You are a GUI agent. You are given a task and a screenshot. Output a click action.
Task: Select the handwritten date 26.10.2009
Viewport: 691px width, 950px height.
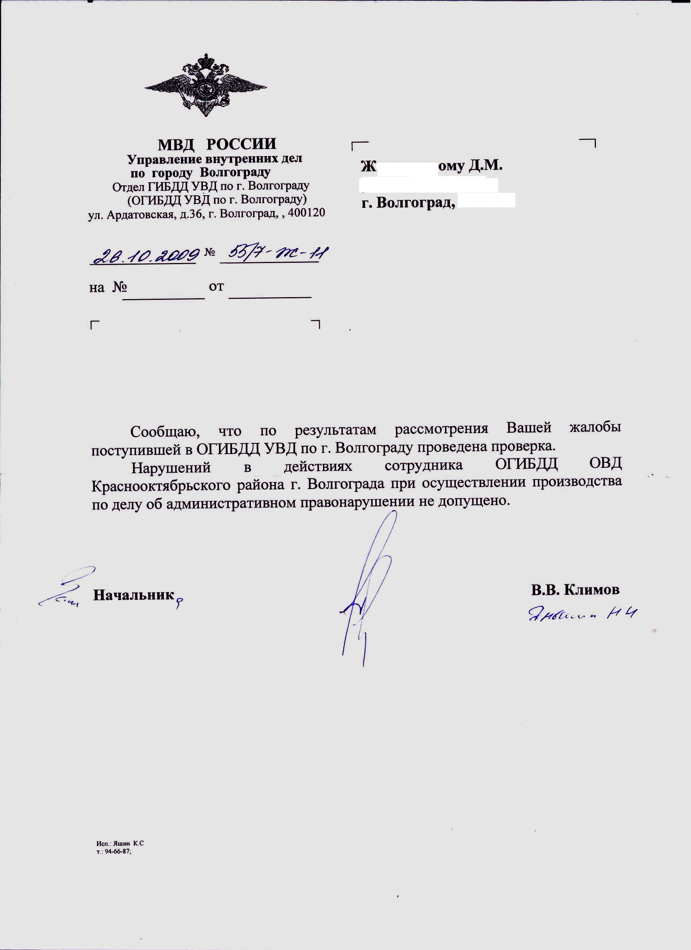144,254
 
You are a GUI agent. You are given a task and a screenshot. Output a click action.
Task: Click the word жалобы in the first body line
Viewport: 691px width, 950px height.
595,428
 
